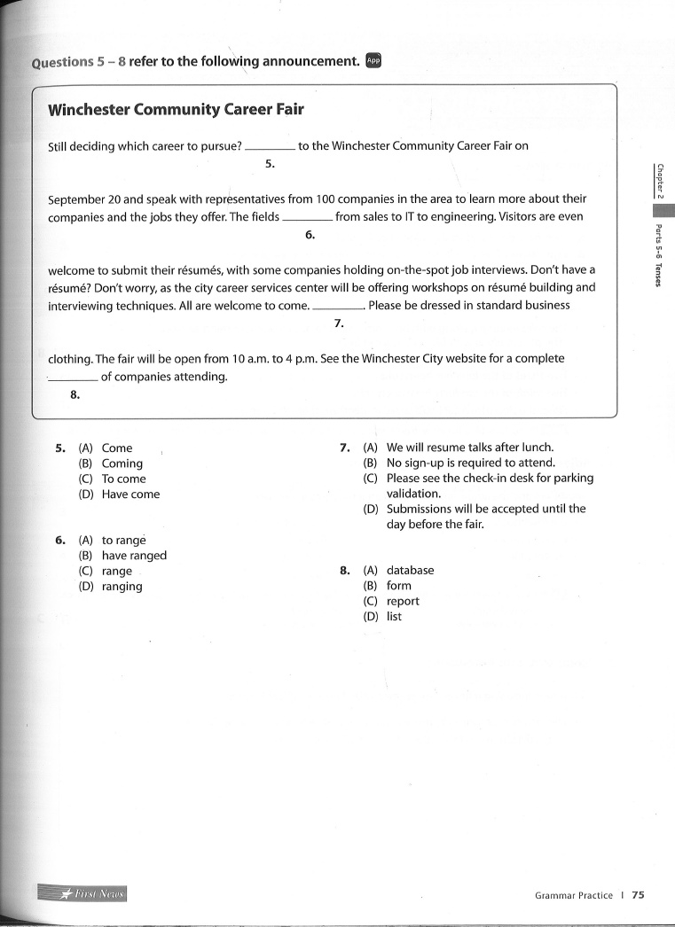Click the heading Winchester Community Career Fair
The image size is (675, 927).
click(176, 110)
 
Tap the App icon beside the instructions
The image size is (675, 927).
click(373, 60)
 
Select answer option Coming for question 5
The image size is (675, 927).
click(122, 463)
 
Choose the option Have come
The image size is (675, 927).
click(130, 495)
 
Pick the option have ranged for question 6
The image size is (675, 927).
click(134, 556)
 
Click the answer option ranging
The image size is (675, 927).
click(122, 587)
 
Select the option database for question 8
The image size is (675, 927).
click(410, 571)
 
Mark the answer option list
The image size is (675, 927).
click(394, 617)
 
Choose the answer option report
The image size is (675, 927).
click(403, 601)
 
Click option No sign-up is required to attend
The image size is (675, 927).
click(470, 463)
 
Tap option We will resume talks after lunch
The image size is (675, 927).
click(482, 448)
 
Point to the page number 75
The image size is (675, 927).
click(638, 895)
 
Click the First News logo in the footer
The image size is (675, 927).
click(83, 893)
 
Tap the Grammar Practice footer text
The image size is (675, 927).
click(573, 895)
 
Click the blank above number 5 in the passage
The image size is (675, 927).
click(270, 147)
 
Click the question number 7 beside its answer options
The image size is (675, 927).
click(345, 448)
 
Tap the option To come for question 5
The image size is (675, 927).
click(123, 479)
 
